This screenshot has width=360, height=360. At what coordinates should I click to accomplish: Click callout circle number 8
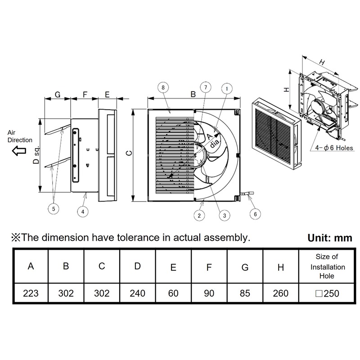163,86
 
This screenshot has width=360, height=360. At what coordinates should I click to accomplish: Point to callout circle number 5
54,208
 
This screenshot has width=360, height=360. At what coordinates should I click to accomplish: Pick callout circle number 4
83,210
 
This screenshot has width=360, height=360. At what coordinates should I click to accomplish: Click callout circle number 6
255,214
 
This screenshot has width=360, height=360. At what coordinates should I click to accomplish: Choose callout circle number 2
198,216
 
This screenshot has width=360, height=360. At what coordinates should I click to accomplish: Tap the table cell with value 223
31,293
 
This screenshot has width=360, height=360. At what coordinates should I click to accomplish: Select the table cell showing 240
137,293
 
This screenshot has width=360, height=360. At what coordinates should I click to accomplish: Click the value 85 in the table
245,293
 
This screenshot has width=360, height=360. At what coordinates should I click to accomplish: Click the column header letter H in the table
281,267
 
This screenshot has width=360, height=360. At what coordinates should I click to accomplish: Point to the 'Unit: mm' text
330,238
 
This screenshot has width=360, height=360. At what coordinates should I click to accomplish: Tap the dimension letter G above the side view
57,94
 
